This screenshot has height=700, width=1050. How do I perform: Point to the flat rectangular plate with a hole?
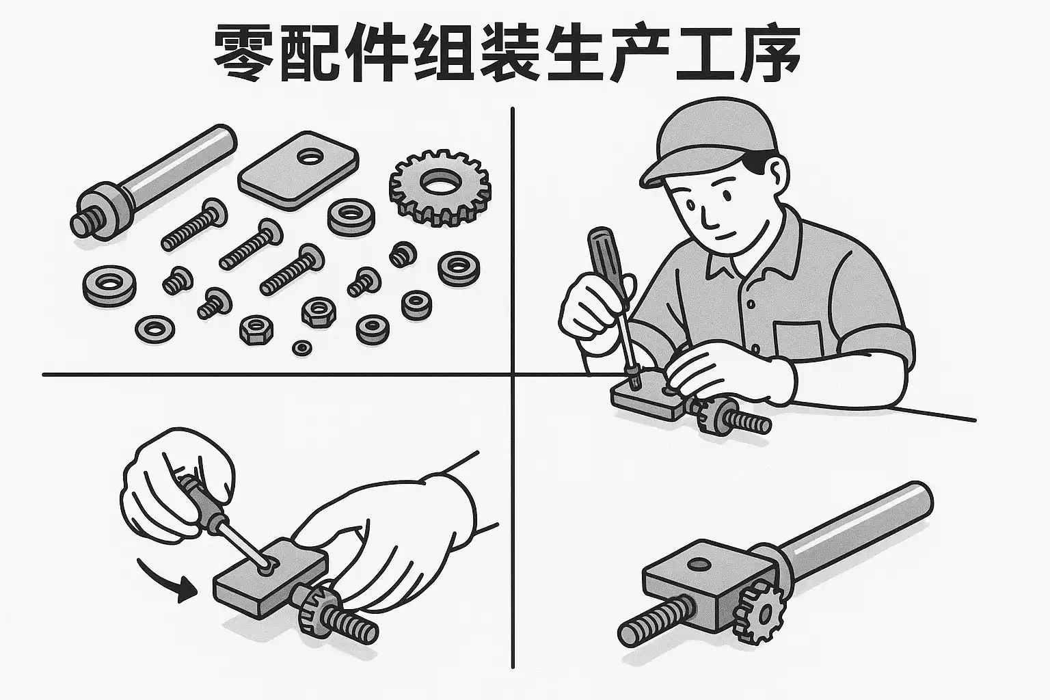[x=298, y=170]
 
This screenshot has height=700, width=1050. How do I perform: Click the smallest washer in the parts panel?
[x=302, y=347]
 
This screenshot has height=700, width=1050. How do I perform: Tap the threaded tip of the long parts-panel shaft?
[x=84, y=225]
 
